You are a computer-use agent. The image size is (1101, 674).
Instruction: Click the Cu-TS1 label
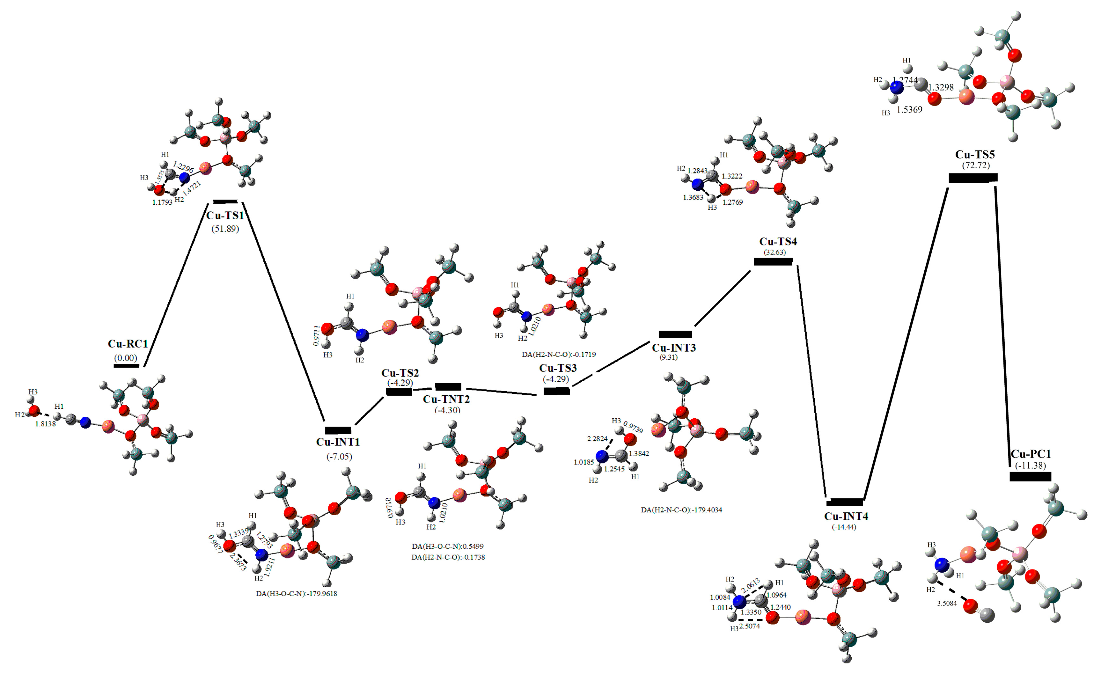click(x=225, y=216)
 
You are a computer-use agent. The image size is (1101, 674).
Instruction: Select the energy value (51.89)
click(x=225, y=229)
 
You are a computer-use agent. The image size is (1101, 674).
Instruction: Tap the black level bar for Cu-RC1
click(x=127, y=366)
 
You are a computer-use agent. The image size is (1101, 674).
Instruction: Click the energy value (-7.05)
click(x=339, y=457)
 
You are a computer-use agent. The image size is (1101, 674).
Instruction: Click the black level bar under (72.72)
click(x=973, y=178)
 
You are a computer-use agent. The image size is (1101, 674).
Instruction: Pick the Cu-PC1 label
click(x=1031, y=454)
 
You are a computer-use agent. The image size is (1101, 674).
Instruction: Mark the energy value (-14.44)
click(x=844, y=527)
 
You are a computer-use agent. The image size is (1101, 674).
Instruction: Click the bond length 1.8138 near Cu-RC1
click(x=46, y=424)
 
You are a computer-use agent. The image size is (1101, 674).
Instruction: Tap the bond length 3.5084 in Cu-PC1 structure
click(x=947, y=604)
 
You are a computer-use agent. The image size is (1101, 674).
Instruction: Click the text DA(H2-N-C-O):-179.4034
click(x=681, y=509)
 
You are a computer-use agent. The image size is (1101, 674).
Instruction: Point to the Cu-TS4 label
click(x=778, y=242)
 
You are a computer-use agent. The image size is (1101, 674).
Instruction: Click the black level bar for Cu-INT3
click(x=675, y=334)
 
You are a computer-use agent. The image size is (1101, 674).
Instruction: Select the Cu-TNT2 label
click(x=446, y=399)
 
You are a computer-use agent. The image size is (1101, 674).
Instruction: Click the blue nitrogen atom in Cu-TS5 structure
click(x=896, y=88)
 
